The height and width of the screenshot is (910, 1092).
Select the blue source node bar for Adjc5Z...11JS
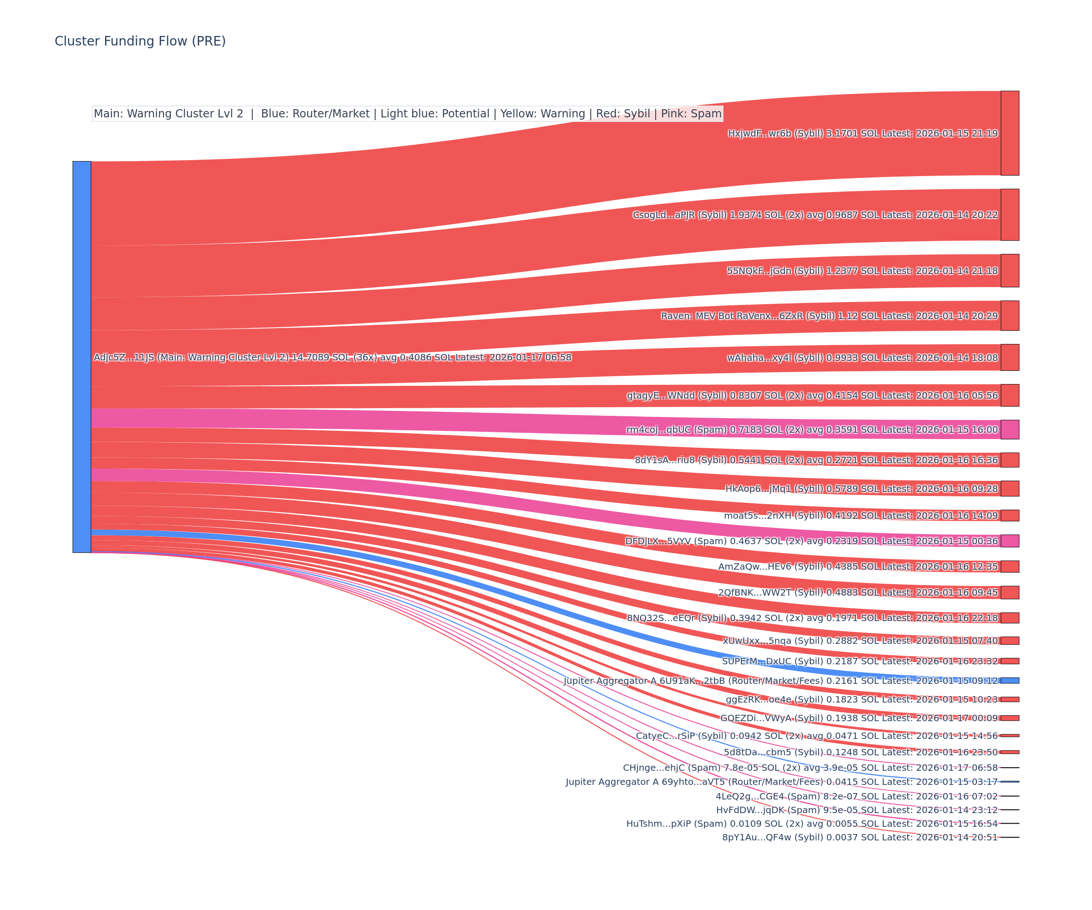(81, 357)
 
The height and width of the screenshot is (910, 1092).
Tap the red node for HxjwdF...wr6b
(1010, 133)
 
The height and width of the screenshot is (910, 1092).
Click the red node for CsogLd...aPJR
(1010, 215)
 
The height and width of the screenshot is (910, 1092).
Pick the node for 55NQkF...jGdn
(1010, 270)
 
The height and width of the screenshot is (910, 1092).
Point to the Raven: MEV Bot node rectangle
(1010, 316)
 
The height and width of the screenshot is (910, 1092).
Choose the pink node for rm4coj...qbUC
(1010, 430)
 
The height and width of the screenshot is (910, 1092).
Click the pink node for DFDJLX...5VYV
(1010, 541)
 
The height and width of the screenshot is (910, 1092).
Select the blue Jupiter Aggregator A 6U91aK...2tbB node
(1010, 681)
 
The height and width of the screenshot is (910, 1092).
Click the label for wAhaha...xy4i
(862, 358)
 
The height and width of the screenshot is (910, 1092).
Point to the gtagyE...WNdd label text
(812, 396)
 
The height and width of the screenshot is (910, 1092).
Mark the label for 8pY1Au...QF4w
(859, 837)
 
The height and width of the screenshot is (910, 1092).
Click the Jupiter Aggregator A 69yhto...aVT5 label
(782, 782)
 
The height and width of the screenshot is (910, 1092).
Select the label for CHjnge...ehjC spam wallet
(810, 768)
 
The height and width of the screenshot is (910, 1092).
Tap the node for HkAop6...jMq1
(1010, 488)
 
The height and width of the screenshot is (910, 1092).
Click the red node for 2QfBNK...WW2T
(1010, 592)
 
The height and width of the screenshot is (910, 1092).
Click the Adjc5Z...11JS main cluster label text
(332, 357)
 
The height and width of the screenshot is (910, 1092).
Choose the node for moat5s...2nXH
(1010, 516)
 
